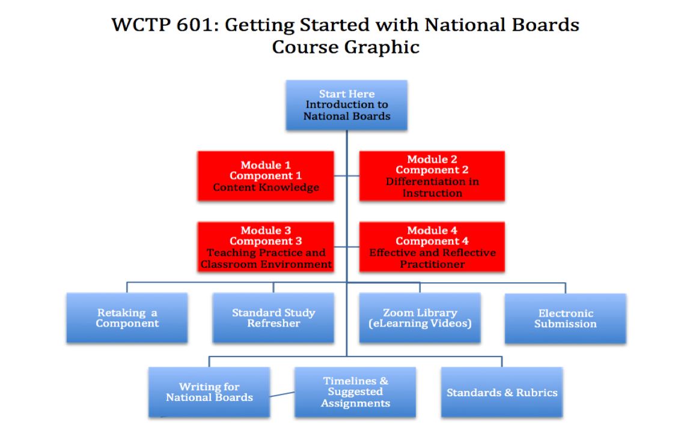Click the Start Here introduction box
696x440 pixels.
pyautogui.click(x=347, y=105)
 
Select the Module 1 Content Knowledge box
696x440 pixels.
pyautogui.click(x=266, y=176)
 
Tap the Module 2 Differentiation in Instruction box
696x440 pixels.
pyautogui.click(x=432, y=176)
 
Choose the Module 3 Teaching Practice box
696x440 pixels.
pyautogui.click(x=266, y=247)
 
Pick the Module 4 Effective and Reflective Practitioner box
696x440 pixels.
pyautogui.click(x=432, y=247)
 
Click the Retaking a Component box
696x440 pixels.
pyautogui.click(x=127, y=318)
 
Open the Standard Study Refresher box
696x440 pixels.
pyautogui.click(x=273, y=318)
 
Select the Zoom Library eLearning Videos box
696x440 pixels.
pyautogui.click(x=420, y=318)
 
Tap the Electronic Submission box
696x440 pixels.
pyautogui.click(x=566, y=319)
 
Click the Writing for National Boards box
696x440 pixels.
pyautogui.click(x=209, y=392)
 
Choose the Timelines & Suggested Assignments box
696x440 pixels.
pyautogui.click(x=355, y=392)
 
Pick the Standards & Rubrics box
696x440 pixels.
pyautogui.click(x=502, y=392)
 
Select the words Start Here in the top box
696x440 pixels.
pyautogui.click(x=347, y=94)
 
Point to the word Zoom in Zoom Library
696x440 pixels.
pyautogui.click(x=398, y=313)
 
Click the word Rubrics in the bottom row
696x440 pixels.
pyautogui.click(x=537, y=393)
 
